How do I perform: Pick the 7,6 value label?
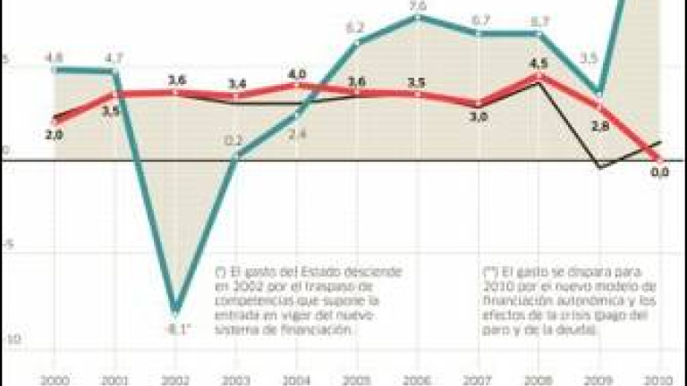tap(419, 7)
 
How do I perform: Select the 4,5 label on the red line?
tap(539, 63)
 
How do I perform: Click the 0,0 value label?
tap(660, 172)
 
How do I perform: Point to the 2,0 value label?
tap(53, 134)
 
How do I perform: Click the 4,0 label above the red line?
tap(297, 73)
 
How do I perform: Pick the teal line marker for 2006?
tap(419, 18)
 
